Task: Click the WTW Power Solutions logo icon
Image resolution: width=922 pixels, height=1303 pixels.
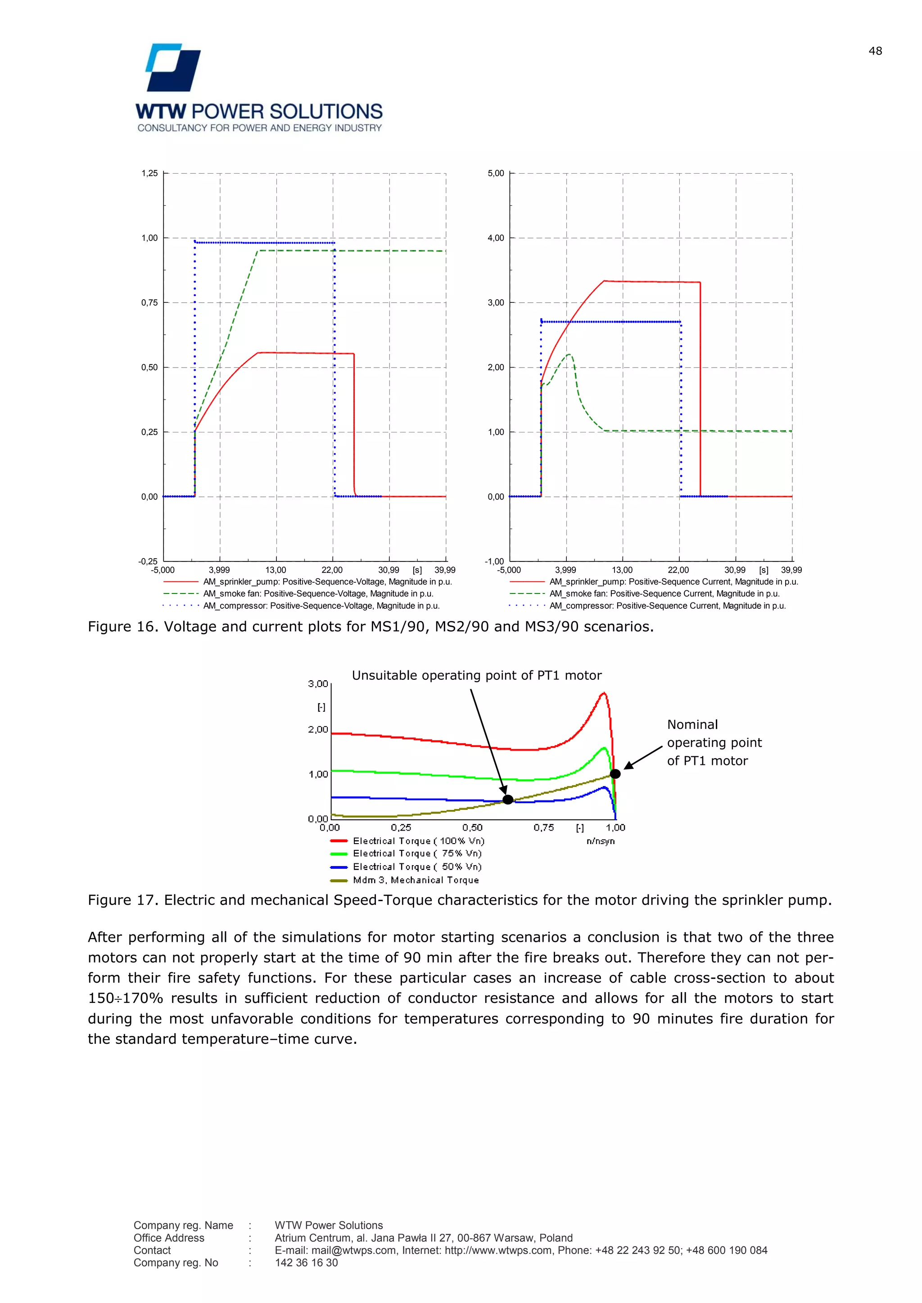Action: pos(173,67)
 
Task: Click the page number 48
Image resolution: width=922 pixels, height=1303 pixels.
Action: pos(875,51)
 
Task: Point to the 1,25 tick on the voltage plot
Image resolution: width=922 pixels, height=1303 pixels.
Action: pos(150,174)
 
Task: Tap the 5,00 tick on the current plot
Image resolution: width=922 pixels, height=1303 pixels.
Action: pos(496,174)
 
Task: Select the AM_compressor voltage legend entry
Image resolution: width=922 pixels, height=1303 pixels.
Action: pos(321,606)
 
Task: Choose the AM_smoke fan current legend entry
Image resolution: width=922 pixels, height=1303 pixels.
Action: pos(664,593)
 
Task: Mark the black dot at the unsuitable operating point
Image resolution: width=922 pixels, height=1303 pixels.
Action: pos(508,800)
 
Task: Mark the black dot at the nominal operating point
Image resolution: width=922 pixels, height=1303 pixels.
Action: pos(615,773)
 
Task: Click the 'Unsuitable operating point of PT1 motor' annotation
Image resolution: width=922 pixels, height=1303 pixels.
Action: pos(476,675)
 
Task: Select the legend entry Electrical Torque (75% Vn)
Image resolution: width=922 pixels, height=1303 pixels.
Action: pos(417,854)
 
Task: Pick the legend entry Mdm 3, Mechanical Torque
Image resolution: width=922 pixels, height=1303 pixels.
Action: pos(416,880)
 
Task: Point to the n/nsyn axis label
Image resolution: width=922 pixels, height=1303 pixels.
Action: pos(601,841)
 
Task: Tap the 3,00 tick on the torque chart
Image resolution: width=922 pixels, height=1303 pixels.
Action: pos(318,684)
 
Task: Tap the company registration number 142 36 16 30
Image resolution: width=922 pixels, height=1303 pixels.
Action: pos(306,1263)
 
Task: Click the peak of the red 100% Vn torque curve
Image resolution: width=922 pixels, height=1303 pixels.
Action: pos(604,693)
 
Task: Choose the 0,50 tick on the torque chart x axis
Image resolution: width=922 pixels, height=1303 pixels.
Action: pos(472,828)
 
